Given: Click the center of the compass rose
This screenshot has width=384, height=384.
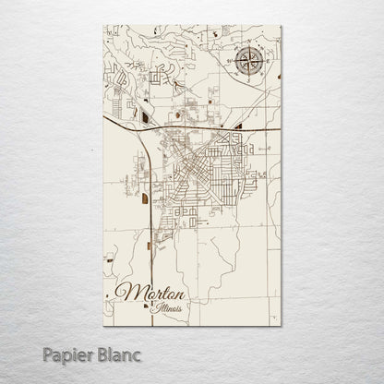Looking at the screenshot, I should [x=248, y=63].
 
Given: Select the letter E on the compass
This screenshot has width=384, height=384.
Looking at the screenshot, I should [x=267, y=63].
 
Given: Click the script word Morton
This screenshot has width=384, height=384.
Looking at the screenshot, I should [x=151, y=294].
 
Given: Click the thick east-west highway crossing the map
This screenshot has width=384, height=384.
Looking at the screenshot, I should [x=212, y=128].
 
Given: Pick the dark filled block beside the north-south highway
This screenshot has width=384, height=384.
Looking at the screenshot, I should [x=145, y=198].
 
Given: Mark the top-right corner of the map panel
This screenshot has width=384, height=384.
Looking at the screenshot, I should [x=281, y=26].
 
